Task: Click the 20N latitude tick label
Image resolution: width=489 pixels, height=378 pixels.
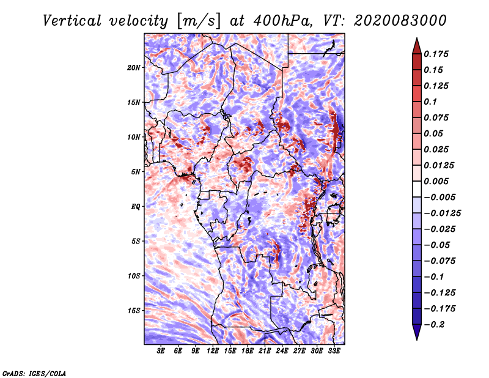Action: pos(134,68)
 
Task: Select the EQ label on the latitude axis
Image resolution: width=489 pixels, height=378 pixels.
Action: pos(135,207)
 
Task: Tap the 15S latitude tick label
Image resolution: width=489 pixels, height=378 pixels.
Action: pos(134,311)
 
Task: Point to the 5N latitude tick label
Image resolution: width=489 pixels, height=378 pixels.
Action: pos(136,172)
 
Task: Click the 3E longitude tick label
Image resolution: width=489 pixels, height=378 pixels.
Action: pos(161,351)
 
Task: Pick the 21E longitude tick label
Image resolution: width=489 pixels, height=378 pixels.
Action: pos(265,351)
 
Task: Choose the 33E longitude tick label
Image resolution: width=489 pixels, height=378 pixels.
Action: pos(334,351)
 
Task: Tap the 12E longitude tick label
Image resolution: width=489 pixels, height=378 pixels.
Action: pos(213,351)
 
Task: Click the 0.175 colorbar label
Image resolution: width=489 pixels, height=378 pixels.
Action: pos(436,54)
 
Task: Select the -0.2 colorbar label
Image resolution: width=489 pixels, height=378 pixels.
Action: pos(434,325)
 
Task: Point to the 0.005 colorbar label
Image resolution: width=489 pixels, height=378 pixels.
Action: pos(436,181)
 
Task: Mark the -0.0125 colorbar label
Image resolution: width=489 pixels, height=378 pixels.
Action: pos(442,213)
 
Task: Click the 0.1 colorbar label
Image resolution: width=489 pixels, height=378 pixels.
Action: pos(430,102)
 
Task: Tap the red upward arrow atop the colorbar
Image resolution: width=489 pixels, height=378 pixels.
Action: pos(417,46)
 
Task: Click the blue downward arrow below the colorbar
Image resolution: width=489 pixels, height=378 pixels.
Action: pos(417,332)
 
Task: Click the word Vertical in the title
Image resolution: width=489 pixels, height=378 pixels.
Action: pos(72,21)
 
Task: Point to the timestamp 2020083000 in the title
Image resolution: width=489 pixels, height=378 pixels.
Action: pos(400,21)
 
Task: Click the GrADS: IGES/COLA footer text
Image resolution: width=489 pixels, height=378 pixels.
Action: pos(34,373)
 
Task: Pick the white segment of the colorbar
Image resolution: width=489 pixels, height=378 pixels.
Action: pos(417,189)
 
